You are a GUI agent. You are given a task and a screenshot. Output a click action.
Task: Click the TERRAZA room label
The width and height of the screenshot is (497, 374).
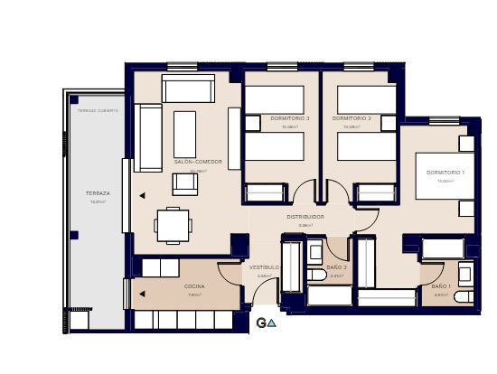(98, 193)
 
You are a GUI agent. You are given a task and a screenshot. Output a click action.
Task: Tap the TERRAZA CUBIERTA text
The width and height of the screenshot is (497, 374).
(98, 110)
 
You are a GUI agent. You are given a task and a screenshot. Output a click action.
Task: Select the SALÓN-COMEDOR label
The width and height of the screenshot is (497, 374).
(191, 163)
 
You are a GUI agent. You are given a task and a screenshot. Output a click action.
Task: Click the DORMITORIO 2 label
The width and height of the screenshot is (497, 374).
(352, 118)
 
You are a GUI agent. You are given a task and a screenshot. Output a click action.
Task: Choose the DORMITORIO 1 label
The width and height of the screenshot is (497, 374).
(445, 173)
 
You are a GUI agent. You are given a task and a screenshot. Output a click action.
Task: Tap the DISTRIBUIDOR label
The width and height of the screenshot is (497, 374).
(305, 217)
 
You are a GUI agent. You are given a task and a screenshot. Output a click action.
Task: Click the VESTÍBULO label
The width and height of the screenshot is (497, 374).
(264, 267)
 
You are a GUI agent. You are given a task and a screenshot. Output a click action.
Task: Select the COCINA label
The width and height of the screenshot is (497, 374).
(194, 286)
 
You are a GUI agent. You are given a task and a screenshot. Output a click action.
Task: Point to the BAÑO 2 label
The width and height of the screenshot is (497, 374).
(337, 267)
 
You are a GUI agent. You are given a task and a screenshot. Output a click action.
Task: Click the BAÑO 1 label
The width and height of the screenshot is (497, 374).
(440, 286)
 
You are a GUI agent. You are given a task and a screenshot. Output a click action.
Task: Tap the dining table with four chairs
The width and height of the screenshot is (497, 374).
(173, 225)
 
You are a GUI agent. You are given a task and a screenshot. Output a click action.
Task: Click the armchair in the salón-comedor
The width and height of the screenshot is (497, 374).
(184, 183)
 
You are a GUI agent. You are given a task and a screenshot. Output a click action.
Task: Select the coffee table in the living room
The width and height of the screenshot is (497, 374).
(184, 134)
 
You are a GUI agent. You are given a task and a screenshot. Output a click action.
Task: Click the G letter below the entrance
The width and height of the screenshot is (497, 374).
(260, 323)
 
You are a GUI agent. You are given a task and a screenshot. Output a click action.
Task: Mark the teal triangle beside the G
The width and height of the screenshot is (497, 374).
(271, 323)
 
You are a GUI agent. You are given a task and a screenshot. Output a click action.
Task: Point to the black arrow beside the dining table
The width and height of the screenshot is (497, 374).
(142, 194)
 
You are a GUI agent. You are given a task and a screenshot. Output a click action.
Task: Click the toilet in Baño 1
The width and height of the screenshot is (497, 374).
(464, 296)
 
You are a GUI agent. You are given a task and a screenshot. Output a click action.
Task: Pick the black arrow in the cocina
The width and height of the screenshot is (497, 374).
(142, 294)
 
